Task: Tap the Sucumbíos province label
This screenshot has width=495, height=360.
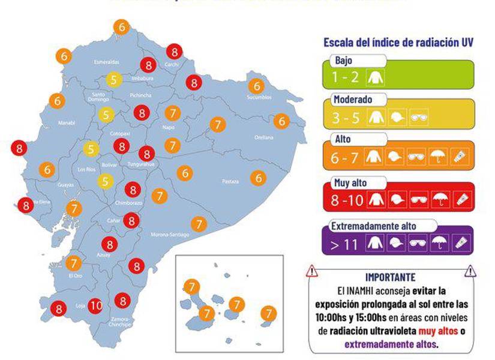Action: (259, 97)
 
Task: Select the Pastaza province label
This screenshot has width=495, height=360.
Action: (230, 181)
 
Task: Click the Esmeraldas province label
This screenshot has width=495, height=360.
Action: (106, 62)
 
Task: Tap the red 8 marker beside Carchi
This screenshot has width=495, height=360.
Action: (174, 52)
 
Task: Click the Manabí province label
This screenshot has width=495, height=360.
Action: (66, 123)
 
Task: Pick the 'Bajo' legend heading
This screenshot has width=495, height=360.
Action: (344, 61)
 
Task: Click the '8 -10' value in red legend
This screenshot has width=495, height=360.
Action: (347, 200)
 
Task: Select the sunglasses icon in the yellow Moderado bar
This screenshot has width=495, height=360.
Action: (419, 118)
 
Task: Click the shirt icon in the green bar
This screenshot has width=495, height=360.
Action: (377, 77)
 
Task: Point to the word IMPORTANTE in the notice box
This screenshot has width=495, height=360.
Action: (390, 277)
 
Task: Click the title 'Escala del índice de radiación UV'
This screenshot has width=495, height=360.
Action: (398, 43)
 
